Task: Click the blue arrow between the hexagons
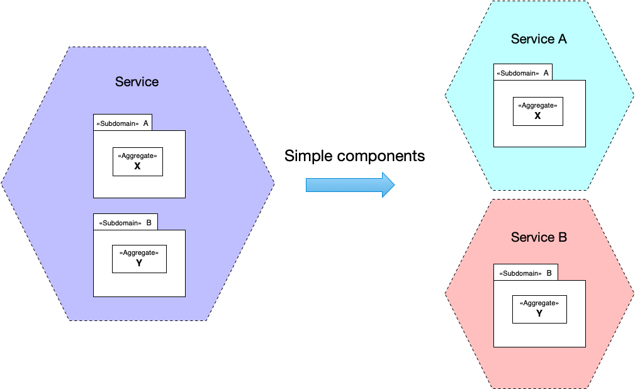tap(351, 185)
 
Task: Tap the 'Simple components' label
tap(355, 156)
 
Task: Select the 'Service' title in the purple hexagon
tap(137, 81)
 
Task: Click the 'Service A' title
tap(539, 39)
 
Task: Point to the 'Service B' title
tap(539, 237)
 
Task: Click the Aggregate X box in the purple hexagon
tap(138, 162)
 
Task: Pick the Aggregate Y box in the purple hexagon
tap(139, 259)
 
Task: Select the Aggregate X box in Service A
tap(538, 111)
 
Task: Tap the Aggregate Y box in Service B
tap(539, 310)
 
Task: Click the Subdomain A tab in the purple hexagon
tap(123, 123)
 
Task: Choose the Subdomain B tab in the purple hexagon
tap(125, 222)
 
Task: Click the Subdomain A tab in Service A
tap(523, 72)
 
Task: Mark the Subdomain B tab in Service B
tap(525, 273)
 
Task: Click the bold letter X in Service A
tap(538, 116)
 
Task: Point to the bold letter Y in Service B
tap(539, 313)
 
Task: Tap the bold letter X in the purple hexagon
tap(138, 166)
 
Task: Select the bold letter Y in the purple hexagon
tap(139, 263)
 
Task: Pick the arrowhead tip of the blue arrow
tap(395, 185)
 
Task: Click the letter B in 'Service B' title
tap(563, 237)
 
